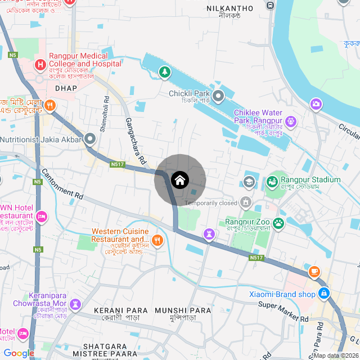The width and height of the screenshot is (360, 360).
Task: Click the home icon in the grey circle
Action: [x=179, y=180]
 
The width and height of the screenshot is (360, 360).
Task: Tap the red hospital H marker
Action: [x=40, y=65]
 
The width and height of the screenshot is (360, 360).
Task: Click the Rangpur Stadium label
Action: [x=310, y=180]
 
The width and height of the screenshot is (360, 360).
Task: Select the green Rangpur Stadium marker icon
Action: [x=272, y=181]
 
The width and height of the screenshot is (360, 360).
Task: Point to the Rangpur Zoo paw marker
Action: [x=277, y=223]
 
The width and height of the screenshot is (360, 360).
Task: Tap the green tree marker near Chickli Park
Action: [x=164, y=72]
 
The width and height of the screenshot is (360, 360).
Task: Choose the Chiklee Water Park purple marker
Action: [x=290, y=120]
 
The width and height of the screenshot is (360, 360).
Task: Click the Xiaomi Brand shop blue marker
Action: [x=324, y=293]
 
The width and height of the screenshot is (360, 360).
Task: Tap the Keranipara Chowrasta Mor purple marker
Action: [x=75, y=304]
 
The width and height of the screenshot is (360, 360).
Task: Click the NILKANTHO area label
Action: [x=230, y=8]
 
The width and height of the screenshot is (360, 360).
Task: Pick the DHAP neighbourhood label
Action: [x=66, y=88]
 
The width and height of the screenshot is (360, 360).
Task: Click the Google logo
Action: [x=19, y=353]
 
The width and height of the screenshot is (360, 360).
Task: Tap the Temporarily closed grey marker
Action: [x=245, y=201]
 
